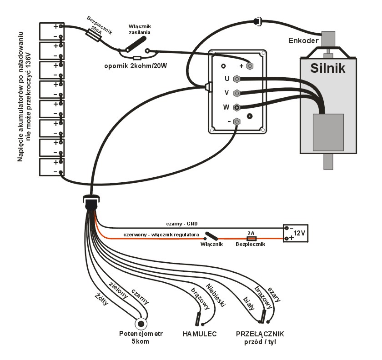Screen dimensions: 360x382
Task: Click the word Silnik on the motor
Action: [328, 68]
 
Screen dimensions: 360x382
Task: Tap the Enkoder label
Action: [303, 41]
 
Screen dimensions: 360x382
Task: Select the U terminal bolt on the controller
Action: [236, 79]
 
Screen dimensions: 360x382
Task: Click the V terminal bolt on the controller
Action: [236, 93]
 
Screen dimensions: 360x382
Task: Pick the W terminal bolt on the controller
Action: [236, 108]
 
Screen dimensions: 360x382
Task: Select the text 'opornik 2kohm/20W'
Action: [136, 67]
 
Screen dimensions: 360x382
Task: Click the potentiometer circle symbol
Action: [142, 324]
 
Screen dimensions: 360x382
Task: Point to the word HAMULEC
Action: [200, 334]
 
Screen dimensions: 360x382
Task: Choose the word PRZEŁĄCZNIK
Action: [260, 334]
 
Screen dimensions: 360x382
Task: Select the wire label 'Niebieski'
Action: [216, 295]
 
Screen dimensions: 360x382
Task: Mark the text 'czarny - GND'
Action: [183, 224]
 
